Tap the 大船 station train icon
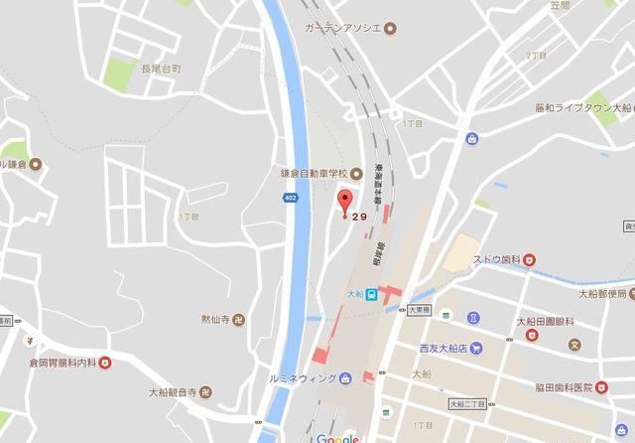369,294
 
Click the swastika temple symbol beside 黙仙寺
248,322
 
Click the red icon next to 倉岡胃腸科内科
105,363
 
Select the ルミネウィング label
297,377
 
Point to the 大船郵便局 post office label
604,293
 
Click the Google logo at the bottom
337,437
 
